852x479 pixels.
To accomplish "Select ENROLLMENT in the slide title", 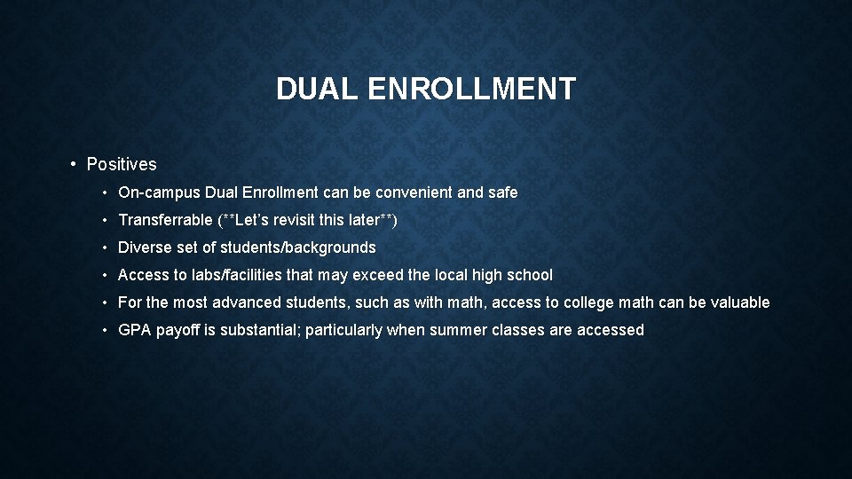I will click(470, 89).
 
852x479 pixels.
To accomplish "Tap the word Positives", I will click(122, 164).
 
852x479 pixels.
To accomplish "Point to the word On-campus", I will click(159, 192).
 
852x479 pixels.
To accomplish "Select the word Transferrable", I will click(165, 220).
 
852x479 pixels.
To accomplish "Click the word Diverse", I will click(144, 247).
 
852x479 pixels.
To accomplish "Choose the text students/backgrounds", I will click(298, 247).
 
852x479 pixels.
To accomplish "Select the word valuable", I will click(738, 302).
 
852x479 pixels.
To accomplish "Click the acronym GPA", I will click(134, 330).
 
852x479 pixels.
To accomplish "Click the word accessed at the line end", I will click(611, 330).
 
